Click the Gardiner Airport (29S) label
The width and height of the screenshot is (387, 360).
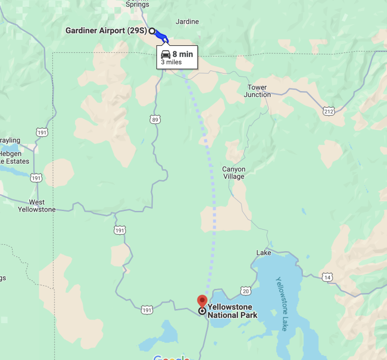[x=106, y=31]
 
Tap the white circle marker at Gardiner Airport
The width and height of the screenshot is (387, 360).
[x=152, y=31]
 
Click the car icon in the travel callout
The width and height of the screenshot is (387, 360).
[x=165, y=54]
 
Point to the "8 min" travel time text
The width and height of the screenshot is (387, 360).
[x=182, y=54]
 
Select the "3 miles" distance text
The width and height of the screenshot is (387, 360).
[x=171, y=62]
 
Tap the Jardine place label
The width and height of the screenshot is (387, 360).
[x=187, y=22]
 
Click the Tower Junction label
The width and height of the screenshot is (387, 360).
[x=257, y=91]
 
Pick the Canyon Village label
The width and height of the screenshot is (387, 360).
[x=234, y=173]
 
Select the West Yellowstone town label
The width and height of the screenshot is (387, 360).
[x=36, y=205]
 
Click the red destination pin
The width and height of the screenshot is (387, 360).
[x=202, y=301]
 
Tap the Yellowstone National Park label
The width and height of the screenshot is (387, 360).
[x=232, y=311]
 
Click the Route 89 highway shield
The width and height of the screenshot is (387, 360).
[x=155, y=119]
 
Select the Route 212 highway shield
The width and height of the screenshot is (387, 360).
[x=329, y=111]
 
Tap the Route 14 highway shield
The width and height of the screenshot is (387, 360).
[x=328, y=277]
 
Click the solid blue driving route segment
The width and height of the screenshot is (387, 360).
[x=160, y=35]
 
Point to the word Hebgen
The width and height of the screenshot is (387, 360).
[x=10, y=154]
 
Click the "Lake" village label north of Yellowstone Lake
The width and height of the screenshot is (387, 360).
[x=264, y=253]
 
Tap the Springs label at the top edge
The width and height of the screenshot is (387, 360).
[x=137, y=4]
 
